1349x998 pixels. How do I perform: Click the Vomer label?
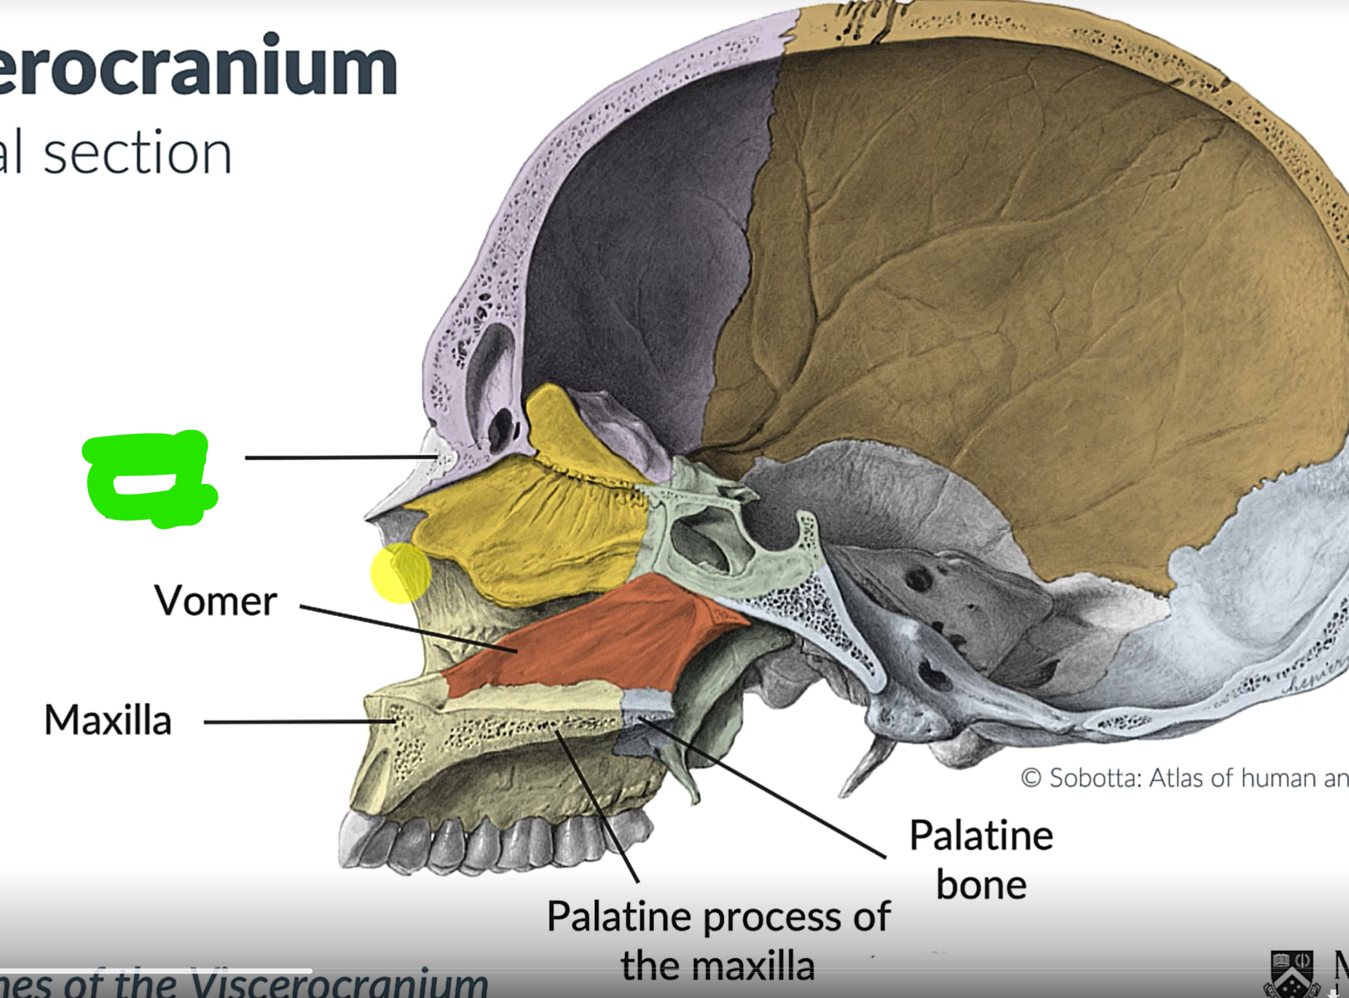(x=216, y=601)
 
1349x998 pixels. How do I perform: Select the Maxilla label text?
(x=108, y=720)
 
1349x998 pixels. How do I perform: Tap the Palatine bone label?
(x=980, y=860)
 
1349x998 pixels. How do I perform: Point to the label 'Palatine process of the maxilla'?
(x=718, y=940)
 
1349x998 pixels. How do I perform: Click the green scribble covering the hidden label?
(x=149, y=477)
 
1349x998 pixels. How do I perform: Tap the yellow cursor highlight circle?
(x=401, y=573)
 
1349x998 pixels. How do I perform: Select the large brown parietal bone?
(x=983, y=292)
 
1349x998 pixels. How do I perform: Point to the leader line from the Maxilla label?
(x=299, y=722)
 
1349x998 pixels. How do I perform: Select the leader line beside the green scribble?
(x=339, y=457)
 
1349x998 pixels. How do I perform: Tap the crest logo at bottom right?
(x=1293, y=973)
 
